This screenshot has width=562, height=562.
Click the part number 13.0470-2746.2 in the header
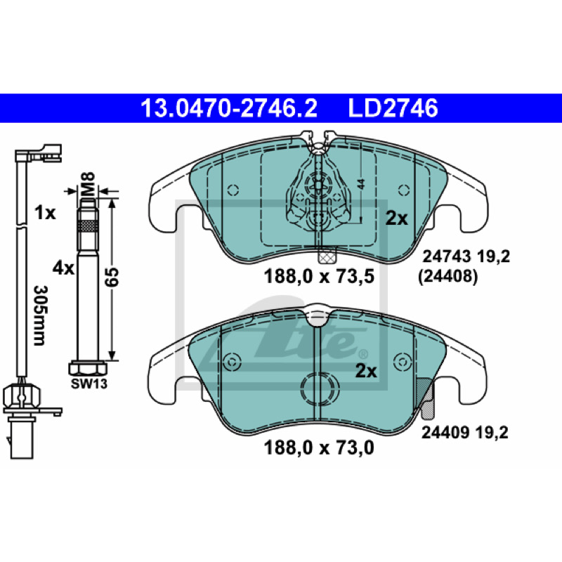click(229, 108)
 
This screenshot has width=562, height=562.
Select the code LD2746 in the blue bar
click(393, 108)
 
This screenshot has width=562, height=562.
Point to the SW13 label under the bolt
click(89, 384)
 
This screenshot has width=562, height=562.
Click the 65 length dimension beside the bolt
click(112, 276)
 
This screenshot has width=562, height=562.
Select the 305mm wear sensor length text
click(39, 315)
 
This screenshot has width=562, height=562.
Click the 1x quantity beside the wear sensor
click(45, 214)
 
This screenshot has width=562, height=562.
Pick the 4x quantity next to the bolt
click(63, 268)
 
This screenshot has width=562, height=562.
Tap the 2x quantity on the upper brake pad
click(396, 218)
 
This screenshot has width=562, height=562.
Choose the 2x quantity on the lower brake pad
click(366, 372)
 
